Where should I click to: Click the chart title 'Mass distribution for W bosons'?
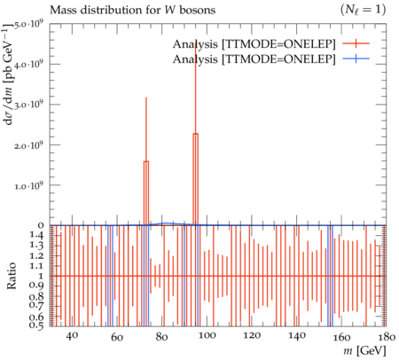132,10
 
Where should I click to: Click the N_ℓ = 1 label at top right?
363,11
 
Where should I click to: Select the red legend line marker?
356,43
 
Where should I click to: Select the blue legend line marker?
356,59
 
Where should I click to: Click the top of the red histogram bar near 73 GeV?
146,161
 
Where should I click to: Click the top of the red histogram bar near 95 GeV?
195,134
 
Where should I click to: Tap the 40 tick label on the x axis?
72,336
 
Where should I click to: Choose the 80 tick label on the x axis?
161,337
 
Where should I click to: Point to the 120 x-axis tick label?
251,336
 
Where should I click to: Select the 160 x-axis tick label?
342,337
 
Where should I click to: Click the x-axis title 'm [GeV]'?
364,351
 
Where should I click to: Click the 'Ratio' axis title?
12,276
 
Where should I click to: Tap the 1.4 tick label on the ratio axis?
36,235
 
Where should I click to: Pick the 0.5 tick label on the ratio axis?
36,325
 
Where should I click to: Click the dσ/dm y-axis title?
10,74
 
